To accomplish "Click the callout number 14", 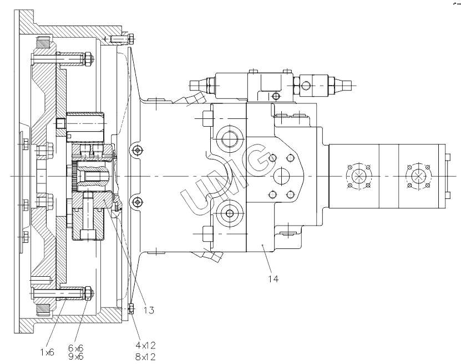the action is point(273,278).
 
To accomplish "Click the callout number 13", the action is point(149,310).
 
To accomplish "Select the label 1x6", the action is point(47,352).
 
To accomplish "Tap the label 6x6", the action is point(76,348).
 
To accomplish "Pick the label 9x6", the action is point(76,357).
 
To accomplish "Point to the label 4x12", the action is point(145,345).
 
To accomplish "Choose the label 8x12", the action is point(145,357).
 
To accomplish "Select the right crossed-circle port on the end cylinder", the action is point(418,177).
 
